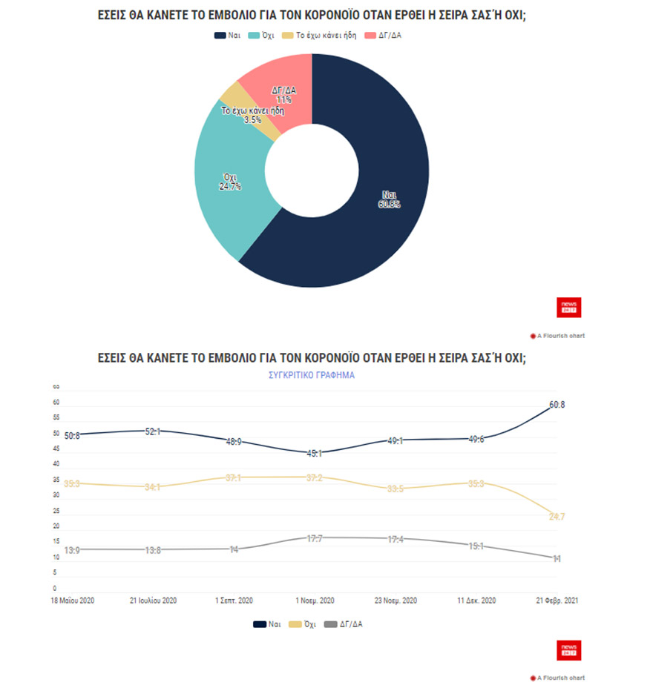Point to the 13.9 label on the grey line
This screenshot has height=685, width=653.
tap(73, 549)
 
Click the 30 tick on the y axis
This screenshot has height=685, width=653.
tap(55, 495)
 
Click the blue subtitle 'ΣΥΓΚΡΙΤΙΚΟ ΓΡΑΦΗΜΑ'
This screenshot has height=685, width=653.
tap(312, 375)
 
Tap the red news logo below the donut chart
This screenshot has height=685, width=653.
tap(569, 307)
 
